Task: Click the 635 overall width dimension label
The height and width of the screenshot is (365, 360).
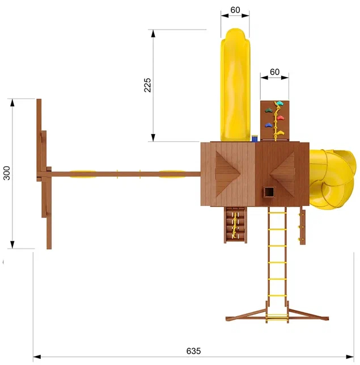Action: [x=193, y=351]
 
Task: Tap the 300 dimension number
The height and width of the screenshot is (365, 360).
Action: [x=7, y=173]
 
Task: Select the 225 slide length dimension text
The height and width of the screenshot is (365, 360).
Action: [x=147, y=85]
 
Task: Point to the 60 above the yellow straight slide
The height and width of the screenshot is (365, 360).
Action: [x=235, y=10]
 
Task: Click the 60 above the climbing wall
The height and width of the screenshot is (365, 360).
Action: [x=274, y=72]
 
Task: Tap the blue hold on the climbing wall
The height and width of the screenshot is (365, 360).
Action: [x=268, y=125]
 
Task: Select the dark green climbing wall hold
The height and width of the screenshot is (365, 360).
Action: [x=269, y=110]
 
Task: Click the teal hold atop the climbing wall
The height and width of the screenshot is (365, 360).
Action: [x=279, y=103]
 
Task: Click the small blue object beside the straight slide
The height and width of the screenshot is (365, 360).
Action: [x=255, y=139]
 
